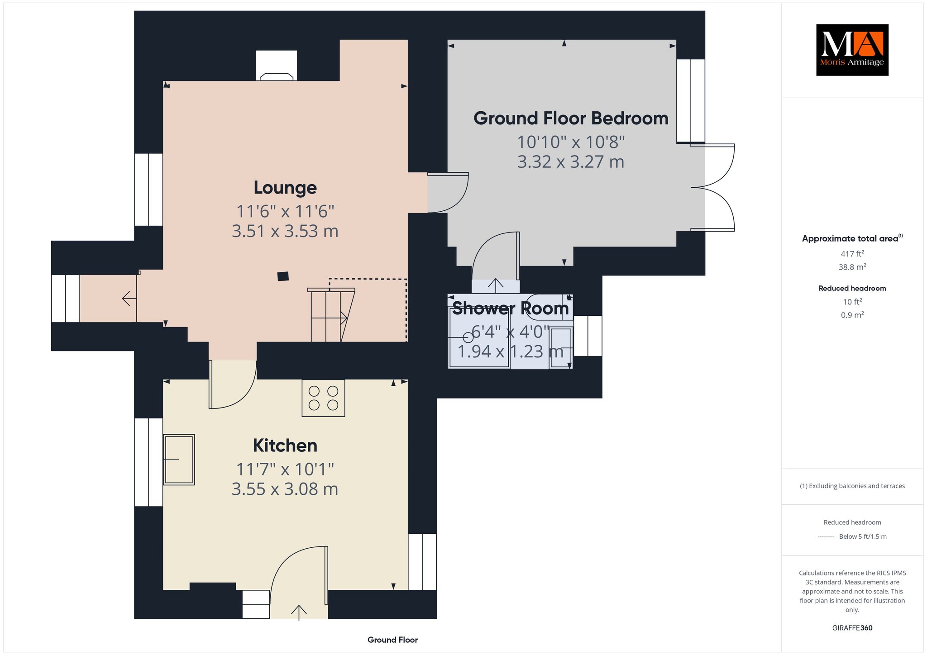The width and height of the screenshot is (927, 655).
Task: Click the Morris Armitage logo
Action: pyautogui.click(x=852, y=50)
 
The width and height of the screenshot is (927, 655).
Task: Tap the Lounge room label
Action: pyautogui.click(x=285, y=188)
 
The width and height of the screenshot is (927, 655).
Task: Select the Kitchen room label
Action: pyautogui.click(x=285, y=446)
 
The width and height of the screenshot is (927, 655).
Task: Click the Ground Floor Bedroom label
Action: pyautogui.click(x=571, y=119)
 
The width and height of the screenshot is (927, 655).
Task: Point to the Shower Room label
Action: pyautogui.click(x=511, y=309)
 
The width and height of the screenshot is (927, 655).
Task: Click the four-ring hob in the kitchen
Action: pyautogui.click(x=323, y=398)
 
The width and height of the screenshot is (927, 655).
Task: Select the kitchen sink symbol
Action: pyautogui.click(x=179, y=460)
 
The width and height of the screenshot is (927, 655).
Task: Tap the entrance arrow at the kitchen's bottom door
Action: pyautogui.click(x=299, y=612)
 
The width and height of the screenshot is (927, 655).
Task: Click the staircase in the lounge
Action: pyautogui.click(x=331, y=315)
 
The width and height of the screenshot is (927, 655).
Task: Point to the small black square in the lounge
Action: pyautogui.click(x=283, y=276)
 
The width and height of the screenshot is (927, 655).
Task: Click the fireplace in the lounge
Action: pyautogui.click(x=277, y=66)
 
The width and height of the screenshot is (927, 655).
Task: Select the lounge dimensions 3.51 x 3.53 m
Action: pyautogui.click(x=285, y=231)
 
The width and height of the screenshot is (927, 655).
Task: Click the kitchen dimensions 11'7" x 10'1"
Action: pyautogui.click(x=285, y=470)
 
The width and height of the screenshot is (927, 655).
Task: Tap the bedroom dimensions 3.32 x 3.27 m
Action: pyautogui.click(x=571, y=162)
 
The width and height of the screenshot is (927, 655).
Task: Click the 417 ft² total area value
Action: pyautogui.click(x=852, y=254)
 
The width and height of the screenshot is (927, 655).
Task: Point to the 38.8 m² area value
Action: pyautogui.click(x=852, y=267)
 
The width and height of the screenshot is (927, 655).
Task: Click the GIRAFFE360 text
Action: pyautogui.click(x=852, y=628)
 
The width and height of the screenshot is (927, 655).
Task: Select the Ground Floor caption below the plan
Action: pyautogui.click(x=392, y=640)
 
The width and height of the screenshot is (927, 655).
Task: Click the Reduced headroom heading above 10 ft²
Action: pyautogui.click(x=852, y=288)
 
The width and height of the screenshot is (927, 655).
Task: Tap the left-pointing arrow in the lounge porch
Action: pyautogui.click(x=129, y=299)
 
